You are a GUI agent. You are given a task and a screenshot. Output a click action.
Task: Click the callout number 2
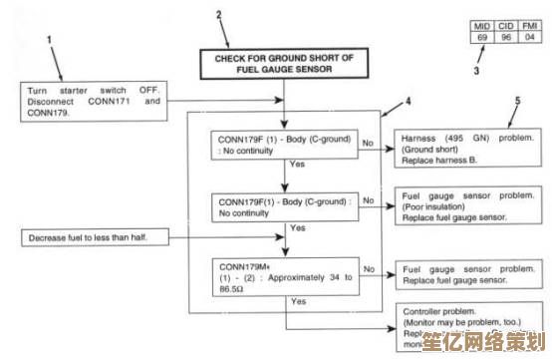click(220, 16)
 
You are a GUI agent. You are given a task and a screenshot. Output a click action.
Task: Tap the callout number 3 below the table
click(475, 71)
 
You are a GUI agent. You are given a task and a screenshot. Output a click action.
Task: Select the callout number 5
click(517, 101)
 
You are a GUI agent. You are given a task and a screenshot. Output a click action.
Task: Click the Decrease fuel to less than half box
click(93, 237)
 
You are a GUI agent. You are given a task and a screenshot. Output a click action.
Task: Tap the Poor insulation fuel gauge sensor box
click(465, 204)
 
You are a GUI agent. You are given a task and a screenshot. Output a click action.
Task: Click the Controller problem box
click(465, 327)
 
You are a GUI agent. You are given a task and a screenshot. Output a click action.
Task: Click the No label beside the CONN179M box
click(369, 268)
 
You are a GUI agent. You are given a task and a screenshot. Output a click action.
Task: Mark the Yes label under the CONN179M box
click(299, 300)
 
